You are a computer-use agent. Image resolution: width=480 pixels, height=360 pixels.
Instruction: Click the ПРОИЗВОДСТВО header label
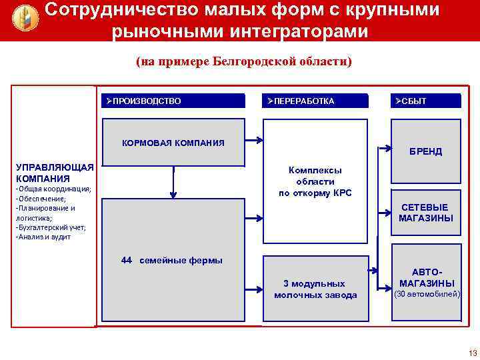(145, 101)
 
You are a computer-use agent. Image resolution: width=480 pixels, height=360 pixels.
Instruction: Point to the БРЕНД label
(425, 151)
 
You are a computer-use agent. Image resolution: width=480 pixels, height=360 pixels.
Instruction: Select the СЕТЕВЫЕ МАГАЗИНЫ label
(425, 213)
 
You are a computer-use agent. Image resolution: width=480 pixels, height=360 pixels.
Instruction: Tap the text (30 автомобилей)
(427, 294)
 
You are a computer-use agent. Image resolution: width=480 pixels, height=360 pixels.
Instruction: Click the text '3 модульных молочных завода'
(315, 289)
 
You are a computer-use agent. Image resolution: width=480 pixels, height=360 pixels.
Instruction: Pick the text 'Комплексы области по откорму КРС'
(315, 181)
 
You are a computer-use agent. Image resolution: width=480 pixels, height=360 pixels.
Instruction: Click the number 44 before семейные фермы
(127, 261)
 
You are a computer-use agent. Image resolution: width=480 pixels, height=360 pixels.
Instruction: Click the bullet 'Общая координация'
(53, 189)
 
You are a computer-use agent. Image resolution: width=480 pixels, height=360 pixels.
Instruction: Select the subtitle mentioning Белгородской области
(243, 62)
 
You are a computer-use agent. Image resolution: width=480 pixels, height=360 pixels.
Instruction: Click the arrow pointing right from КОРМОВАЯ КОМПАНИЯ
(252, 141)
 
